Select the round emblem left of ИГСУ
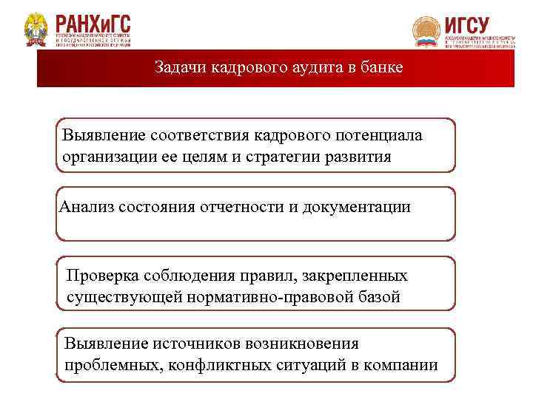(426, 32)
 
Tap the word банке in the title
(383, 68)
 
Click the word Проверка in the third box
(100, 276)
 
